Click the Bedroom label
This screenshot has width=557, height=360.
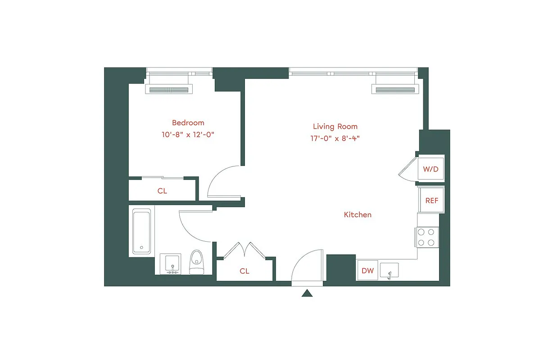(x=188, y=122)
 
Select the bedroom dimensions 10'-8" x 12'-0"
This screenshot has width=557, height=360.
(x=188, y=135)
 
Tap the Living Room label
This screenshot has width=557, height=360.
(x=335, y=126)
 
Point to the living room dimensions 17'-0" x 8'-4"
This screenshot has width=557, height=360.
(x=335, y=139)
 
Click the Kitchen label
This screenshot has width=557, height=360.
(x=358, y=215)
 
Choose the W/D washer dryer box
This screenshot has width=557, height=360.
(x=430, y=169)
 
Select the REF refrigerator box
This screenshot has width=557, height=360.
(x=431, y=201)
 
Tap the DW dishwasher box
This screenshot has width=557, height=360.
(x=367, y=271)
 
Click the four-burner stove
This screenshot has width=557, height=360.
(x=426, y=237)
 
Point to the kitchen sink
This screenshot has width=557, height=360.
(x=389, y=271)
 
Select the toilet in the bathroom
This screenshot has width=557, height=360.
(x=196, y=262)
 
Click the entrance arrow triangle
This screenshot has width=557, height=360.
(x=307, y=293)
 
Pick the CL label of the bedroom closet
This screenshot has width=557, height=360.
(x=162, y=191)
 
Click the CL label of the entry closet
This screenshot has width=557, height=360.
(x=244, y=271)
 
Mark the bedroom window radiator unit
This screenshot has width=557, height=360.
(x=169, y=90)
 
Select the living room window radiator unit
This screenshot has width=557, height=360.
(x=395, y=90)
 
